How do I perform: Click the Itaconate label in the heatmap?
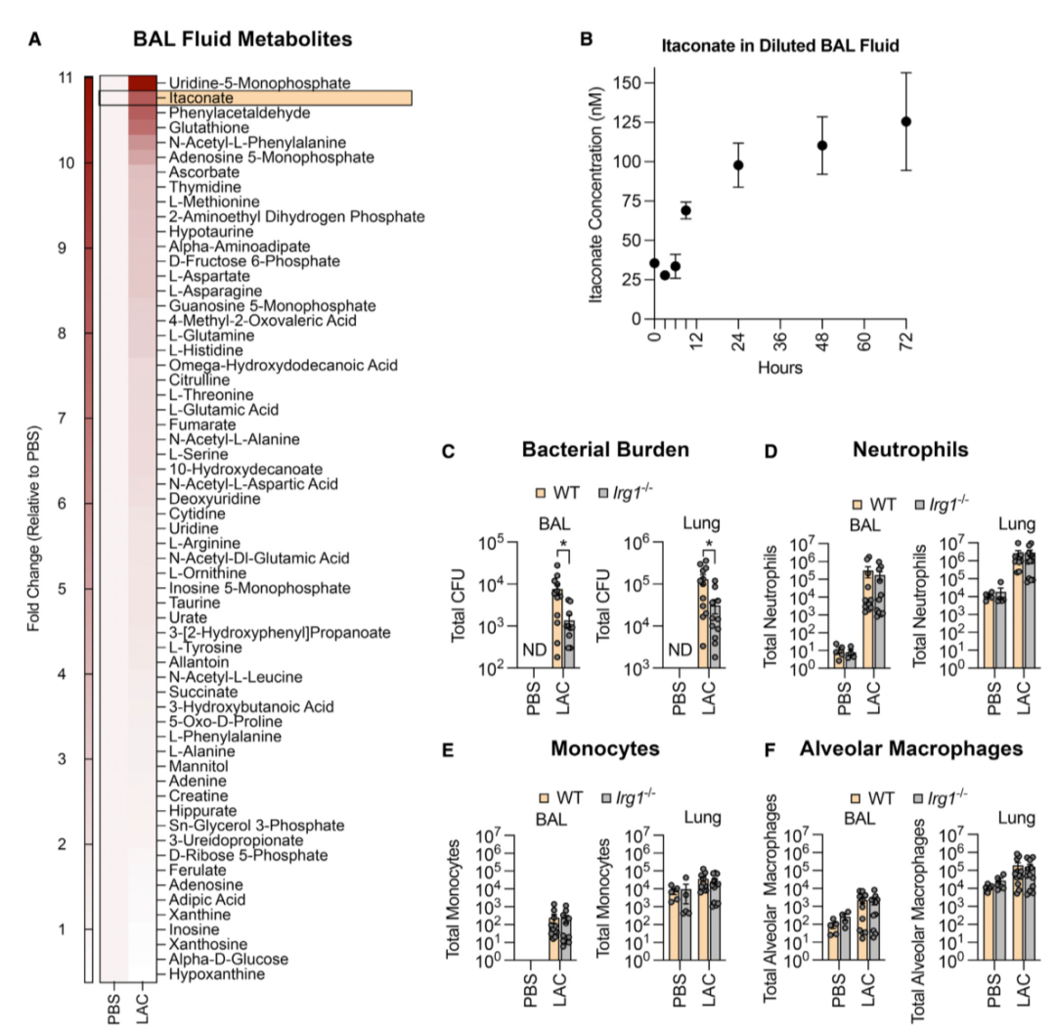[200, 99]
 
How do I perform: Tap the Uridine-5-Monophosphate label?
[259, 84]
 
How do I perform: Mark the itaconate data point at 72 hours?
[905, 121]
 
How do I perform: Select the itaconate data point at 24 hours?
[739, 164]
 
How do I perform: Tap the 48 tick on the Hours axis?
[822, 339]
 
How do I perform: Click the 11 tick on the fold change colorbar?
[66, 78]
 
